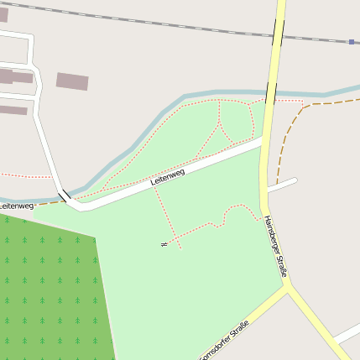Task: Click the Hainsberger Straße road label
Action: pyautogui.click(x=276, y=246)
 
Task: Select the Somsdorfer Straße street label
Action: pyautogui.click(x=227, y=340)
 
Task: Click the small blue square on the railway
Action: pyautogui.click(x=352, y=41)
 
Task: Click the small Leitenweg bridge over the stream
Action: pyautogui.click(x=63, y=196)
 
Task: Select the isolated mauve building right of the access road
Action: pyautogui.click(x=72, y=81)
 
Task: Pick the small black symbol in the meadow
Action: pyautogui.click(x=164, y=243)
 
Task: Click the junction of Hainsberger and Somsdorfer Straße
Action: pyautogui.click(x=288, y=285)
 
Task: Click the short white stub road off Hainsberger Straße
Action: pyautogui.click(x=282, y=185)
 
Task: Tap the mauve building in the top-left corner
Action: pyautogui.click(x=3, y=14)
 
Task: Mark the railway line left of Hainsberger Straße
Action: pyautogui.click(x=126, y=18)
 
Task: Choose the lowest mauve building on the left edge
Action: pyautogui.click(x=13, y=110)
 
